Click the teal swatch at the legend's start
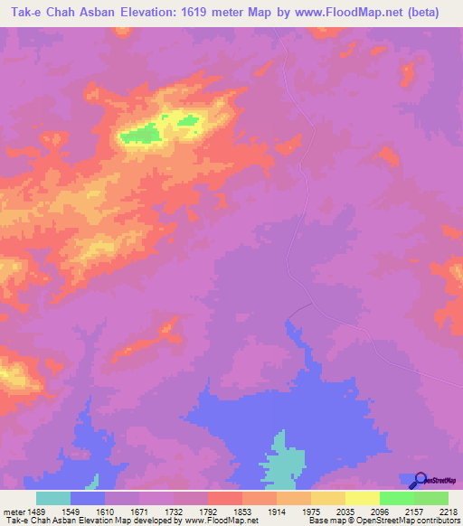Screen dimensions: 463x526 click(x=53, y=498)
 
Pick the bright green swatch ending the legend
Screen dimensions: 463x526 click(x=431, y=498)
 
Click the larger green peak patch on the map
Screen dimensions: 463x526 click(x=141, y=135)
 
